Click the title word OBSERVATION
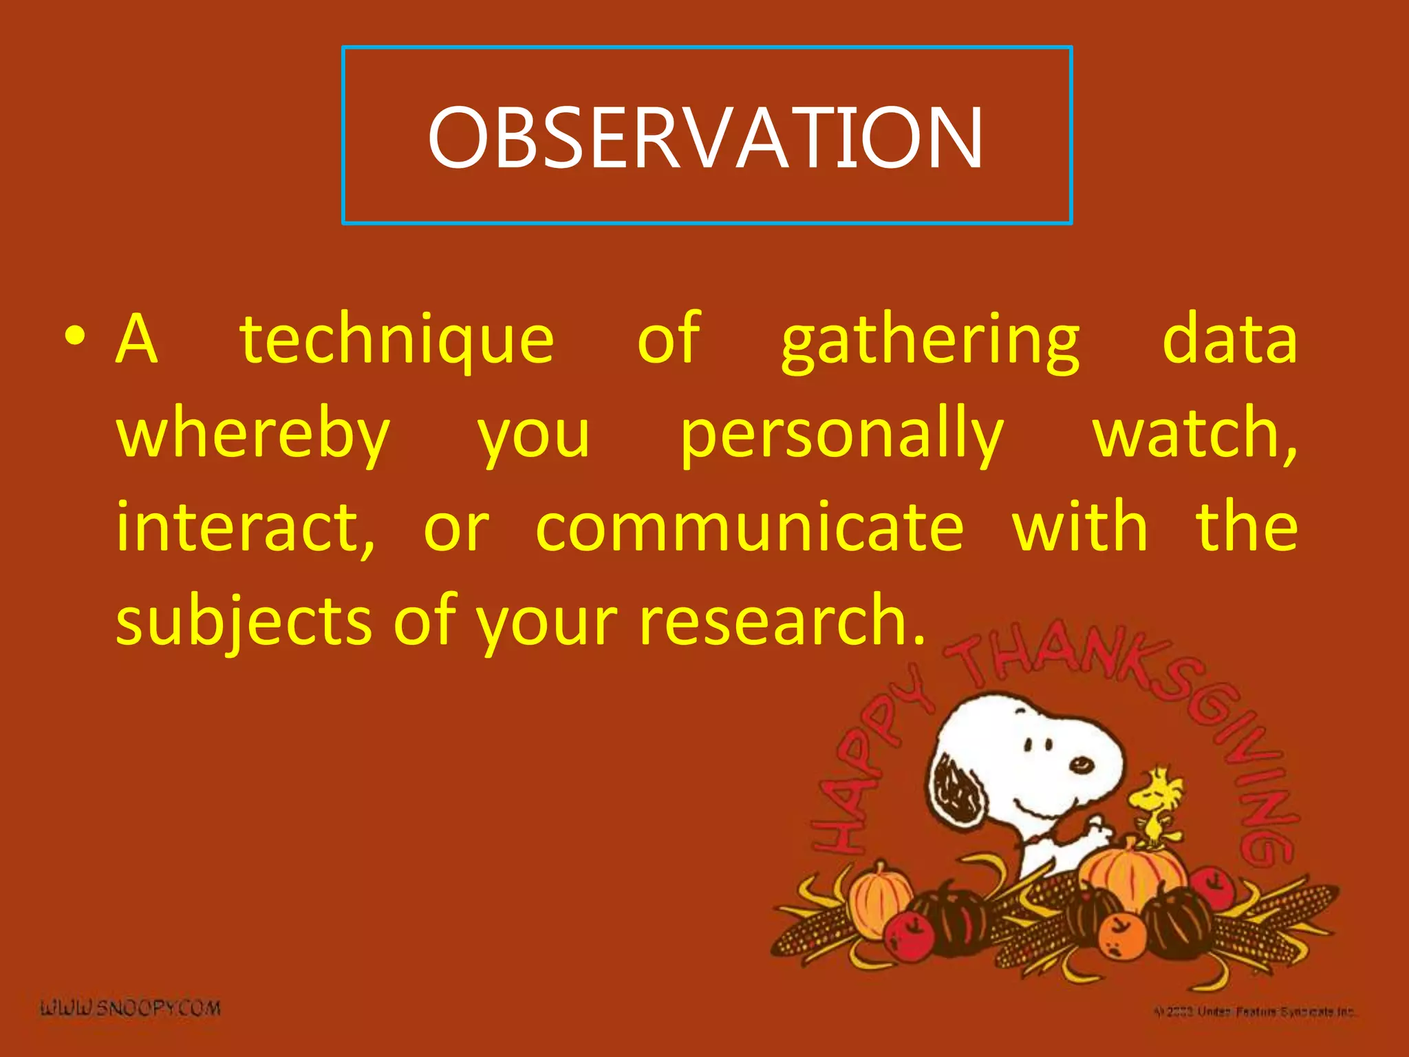pos(706,138)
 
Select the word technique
pos(397,340)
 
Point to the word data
pos(1229,339)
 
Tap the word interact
pos(245,528)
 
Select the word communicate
pos(749,528)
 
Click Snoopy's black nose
pos(1081,764)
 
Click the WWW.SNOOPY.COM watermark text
pos(131,1009)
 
